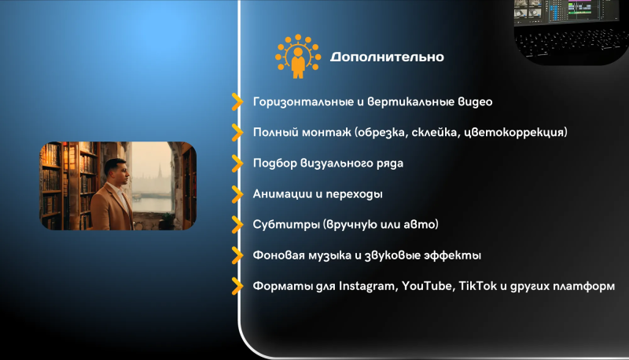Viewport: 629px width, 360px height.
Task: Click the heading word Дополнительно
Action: click(x=387, y=57)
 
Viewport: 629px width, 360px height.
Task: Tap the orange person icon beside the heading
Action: click(x=298, y=56)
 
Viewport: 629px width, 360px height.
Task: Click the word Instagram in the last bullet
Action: click(x=366, y=286)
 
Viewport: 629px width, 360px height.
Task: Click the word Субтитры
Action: click(x=286, y=225)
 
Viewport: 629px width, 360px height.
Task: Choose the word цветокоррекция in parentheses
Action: click(x=514, y=132)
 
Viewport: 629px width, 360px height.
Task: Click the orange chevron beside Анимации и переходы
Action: click(x=237, y=194)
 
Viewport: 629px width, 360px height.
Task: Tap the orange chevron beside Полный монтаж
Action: click(x=237, y=132)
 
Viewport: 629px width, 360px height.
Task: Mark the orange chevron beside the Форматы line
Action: click(x=237, y=286)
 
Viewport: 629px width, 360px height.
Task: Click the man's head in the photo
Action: click(x=116, y=172)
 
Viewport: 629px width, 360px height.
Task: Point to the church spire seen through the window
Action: click(x=160, y=171)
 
